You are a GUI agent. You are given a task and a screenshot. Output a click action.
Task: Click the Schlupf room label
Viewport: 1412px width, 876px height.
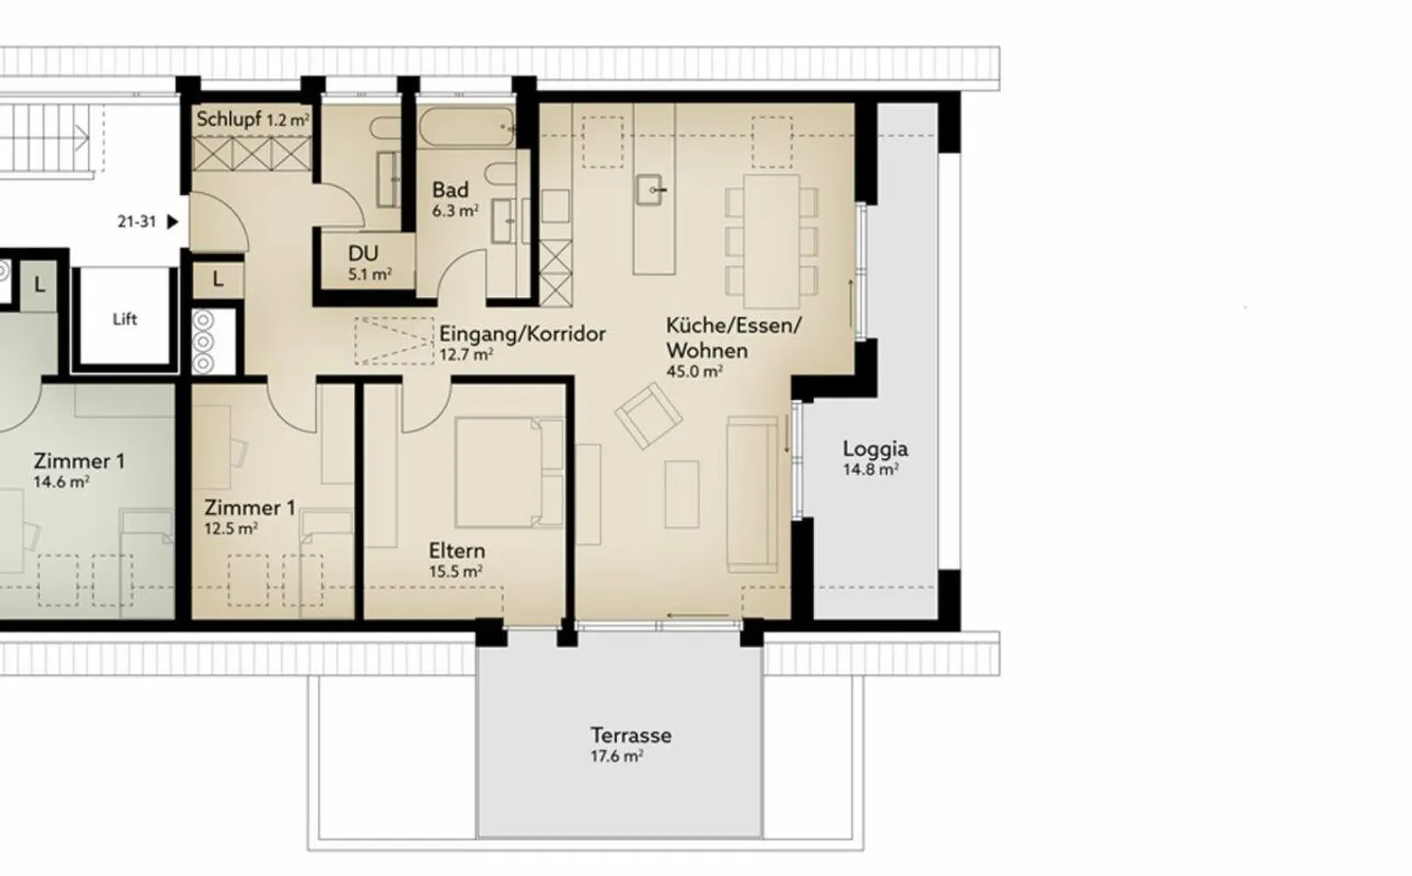coord(228,120)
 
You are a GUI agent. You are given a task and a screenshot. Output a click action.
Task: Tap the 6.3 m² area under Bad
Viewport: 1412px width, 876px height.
coord(455,211)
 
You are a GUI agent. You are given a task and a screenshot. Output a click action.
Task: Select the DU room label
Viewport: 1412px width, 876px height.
coord(363,253)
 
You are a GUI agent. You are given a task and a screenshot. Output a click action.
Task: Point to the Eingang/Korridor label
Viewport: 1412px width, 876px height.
coord(523,334)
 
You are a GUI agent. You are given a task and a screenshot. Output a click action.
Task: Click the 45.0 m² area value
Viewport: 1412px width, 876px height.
coord(694,372)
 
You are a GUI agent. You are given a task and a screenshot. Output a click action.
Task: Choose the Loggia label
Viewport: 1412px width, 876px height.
coord(876,449)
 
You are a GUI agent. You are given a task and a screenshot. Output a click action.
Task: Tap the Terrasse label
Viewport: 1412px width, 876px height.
coord(631,736)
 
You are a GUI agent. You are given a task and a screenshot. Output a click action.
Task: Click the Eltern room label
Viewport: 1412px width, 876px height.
coord(457,550)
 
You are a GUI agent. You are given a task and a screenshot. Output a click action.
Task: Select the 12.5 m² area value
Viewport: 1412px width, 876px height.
coord(230,529)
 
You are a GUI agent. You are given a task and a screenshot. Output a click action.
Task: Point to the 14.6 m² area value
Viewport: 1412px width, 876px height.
coord(61,483)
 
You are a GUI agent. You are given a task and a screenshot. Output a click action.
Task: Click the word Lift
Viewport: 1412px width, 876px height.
coord(125,319)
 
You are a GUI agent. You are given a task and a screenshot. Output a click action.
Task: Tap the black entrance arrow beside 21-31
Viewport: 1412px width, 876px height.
coord(173,222)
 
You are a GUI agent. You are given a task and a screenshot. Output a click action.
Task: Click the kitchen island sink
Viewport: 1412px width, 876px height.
coord(650,190)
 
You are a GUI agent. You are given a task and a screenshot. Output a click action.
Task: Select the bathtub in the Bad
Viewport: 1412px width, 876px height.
coord(467,128)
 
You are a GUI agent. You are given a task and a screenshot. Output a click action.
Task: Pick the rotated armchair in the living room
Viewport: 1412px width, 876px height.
coord(648,416)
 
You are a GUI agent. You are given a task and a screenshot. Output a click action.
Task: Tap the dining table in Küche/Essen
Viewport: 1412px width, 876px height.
coord(772,241)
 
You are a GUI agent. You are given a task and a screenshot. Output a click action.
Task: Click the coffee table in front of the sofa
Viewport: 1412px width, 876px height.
coord(682,494)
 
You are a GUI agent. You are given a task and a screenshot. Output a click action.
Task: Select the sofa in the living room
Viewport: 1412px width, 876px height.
coord(752,494)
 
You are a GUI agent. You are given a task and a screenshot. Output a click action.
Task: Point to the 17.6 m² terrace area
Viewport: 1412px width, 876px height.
coord(617,756)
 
